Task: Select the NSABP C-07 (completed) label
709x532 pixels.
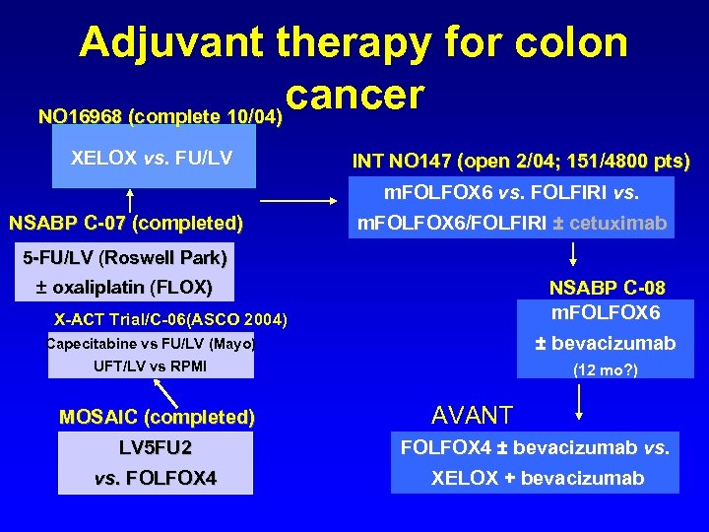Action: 125,222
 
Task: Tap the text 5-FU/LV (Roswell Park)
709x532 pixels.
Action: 124,258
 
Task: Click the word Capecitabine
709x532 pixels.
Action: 88,343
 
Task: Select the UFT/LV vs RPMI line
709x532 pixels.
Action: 150,366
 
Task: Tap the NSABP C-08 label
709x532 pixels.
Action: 607,289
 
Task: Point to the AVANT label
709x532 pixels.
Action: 473,415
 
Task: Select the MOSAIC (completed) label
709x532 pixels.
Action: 157,417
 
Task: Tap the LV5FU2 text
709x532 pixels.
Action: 156,448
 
